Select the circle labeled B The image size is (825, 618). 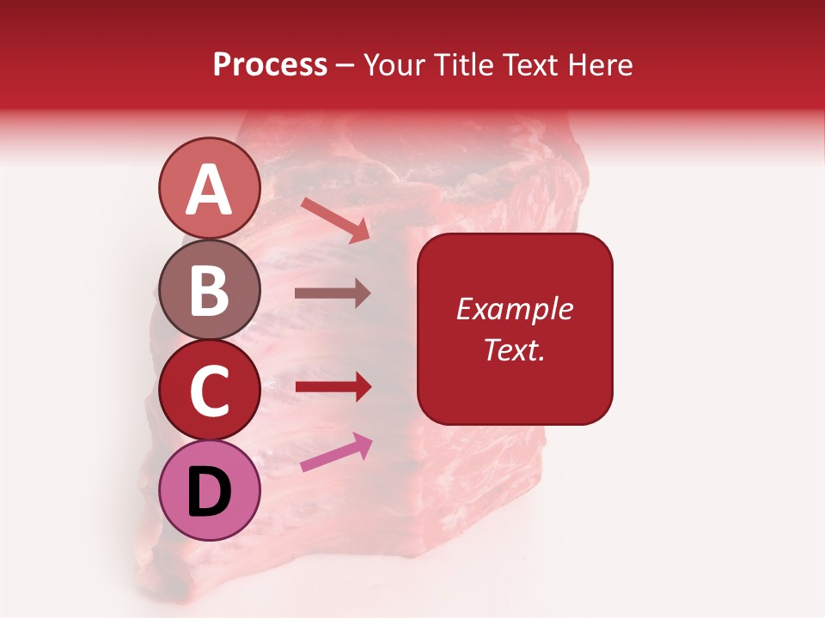(x=210, y=290)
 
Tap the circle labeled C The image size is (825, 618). (x=210, y=391)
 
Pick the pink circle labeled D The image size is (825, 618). (x=210, y=491)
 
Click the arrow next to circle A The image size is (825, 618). (x=335, y=220)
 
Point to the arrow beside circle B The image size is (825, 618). (x=333, y=293)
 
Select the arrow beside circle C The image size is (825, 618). (x=333, y=387)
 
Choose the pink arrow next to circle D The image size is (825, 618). (x=336, y=452)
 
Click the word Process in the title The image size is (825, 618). (x=270, y=65)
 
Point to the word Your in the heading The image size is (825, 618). (x=394, y=65)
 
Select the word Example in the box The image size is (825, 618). (x=514, y=309)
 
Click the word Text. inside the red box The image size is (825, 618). (x=514, y=349)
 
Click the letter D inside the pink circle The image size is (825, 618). (x=210, y=493)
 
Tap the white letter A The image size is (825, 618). (x=210, y=189)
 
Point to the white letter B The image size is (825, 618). (x=210, y=290)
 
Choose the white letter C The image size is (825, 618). (x=210, y=391)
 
